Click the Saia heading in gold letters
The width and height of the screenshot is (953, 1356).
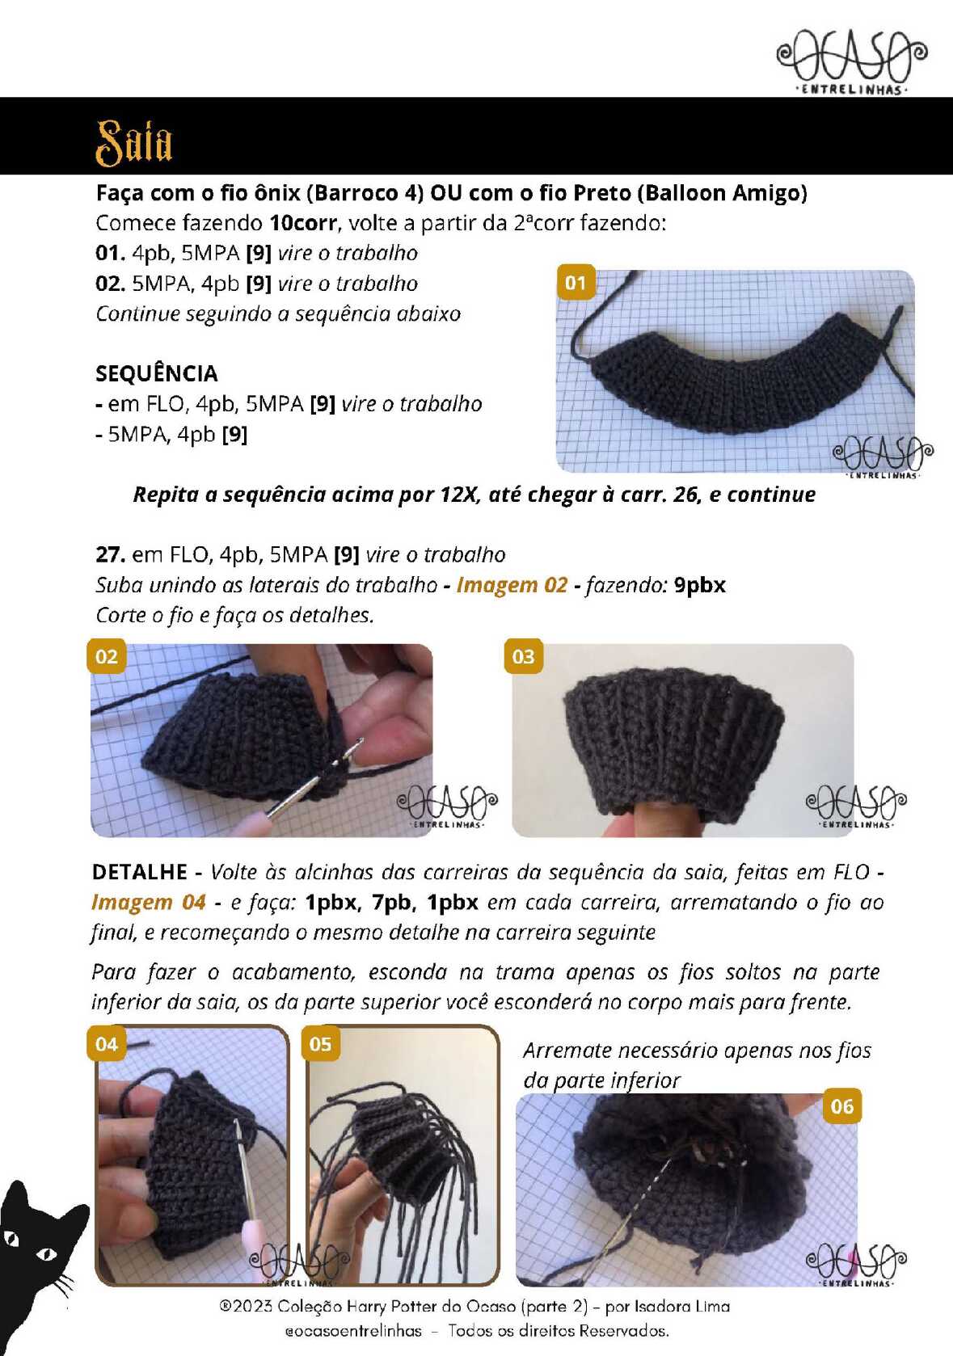134,142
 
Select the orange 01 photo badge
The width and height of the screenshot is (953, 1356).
576,282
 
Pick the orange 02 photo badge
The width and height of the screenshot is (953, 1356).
108,656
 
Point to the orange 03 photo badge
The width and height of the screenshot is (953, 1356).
524,656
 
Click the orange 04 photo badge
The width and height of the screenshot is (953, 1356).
108,1043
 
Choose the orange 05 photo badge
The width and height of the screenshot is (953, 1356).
320,1043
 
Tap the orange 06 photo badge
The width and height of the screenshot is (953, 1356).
842,1106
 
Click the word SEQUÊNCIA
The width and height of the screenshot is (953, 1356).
156,373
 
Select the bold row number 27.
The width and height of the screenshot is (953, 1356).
110,554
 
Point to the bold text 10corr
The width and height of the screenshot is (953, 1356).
303,223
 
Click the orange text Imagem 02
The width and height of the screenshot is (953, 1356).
512,585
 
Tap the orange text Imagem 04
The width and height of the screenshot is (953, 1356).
149,902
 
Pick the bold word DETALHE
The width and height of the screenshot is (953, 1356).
140,872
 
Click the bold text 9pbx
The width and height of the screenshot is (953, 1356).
700,585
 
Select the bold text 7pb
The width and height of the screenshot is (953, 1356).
394,902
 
